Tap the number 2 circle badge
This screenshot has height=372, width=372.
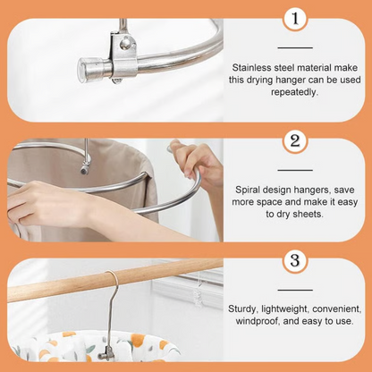[x=294, y=141]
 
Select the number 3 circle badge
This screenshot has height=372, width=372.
[x=294, y=262]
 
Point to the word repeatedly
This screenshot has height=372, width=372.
[x=294, y=92]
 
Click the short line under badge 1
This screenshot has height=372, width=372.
[x=294, y=47]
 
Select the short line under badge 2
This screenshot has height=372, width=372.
[x=294, y=168]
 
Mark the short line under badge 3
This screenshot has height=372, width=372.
[x=294, y=289]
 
